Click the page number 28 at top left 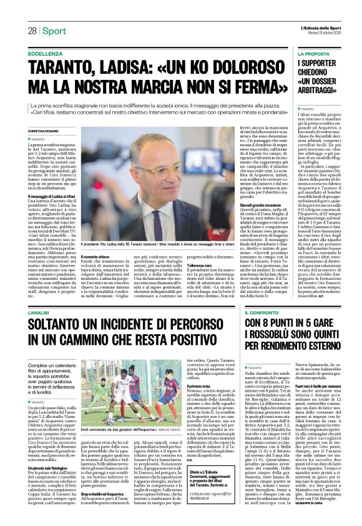(x=31, y=31)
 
